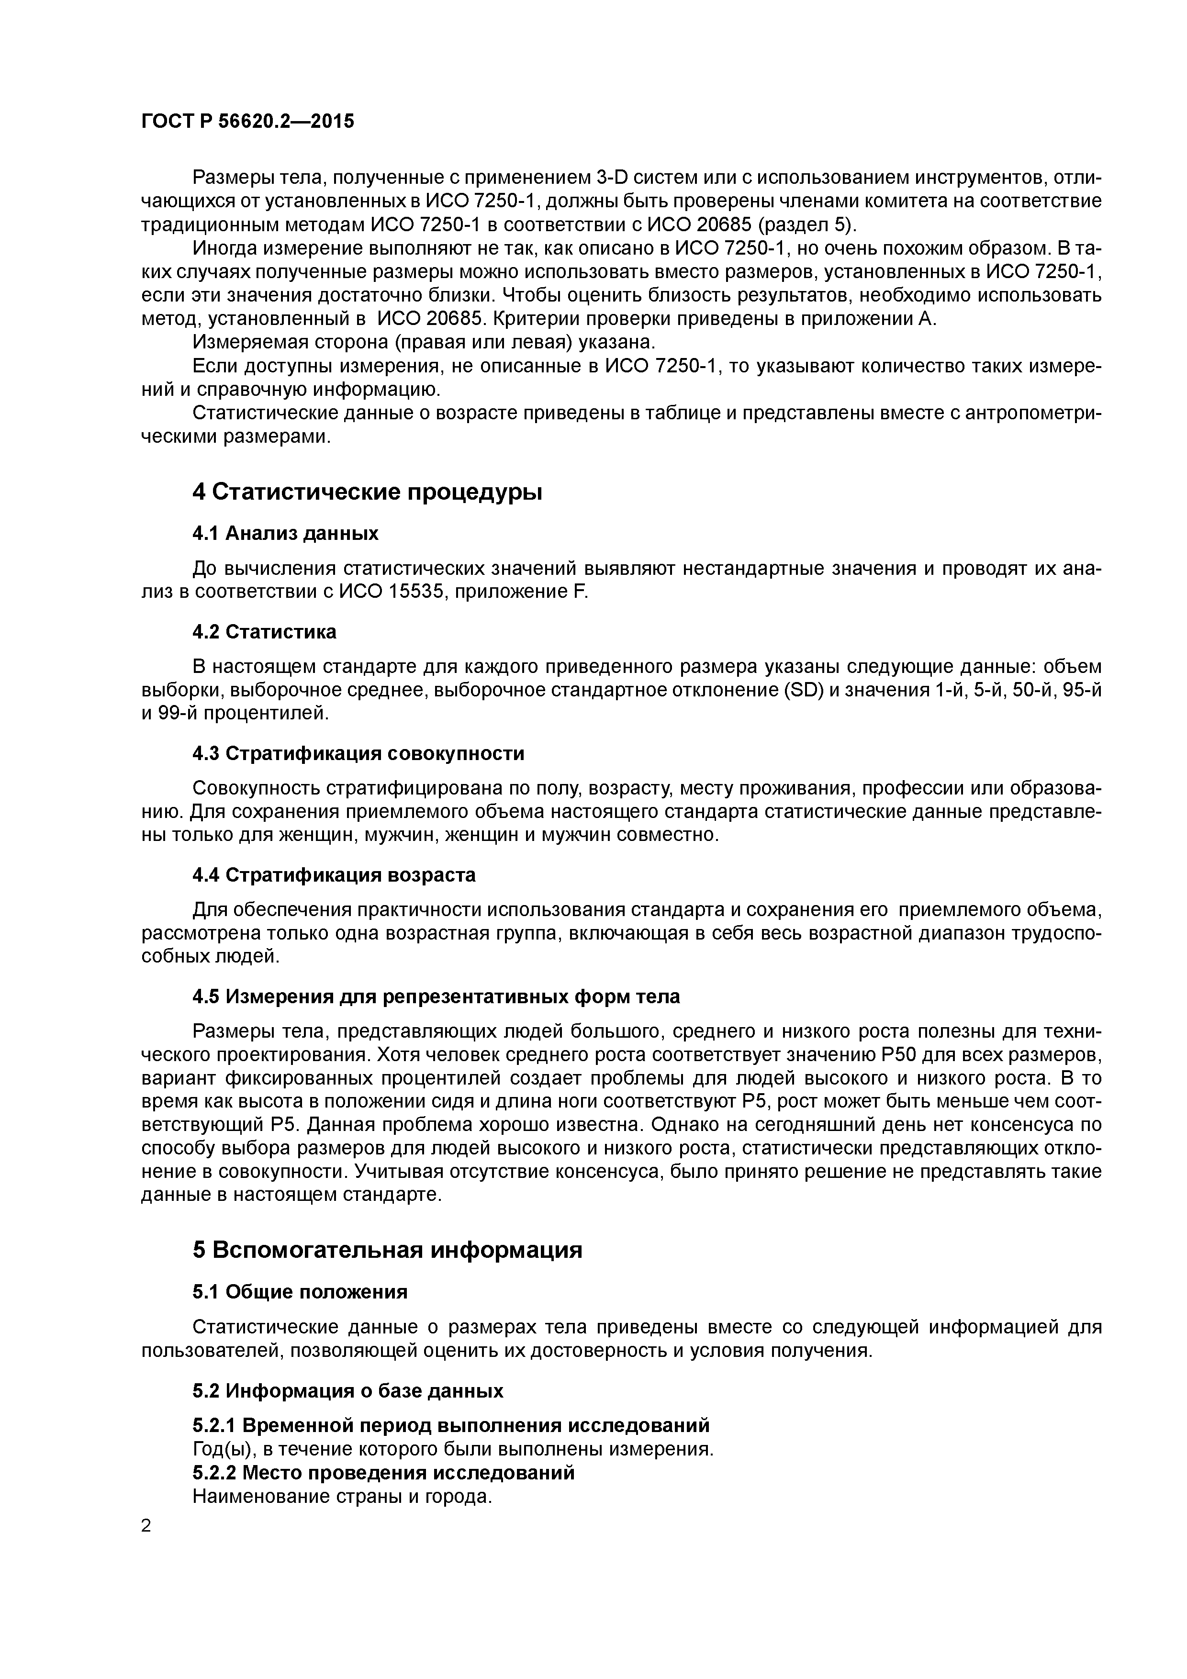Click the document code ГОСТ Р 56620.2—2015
tap(247, 122)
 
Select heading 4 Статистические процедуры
tap(367, 492)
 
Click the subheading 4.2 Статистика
tap(264, 631)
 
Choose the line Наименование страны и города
tap(342, 1496)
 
